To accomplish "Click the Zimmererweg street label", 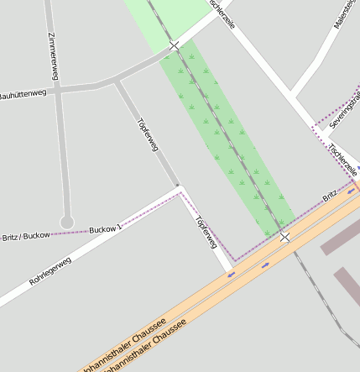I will click(x=54, y=56).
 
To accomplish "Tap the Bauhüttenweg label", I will click(x=23, y=95).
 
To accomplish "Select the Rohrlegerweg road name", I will click(x=50, y=270).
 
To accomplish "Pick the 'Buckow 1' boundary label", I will click(x=106, y=228).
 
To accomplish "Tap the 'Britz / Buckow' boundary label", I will click(x=25, y=236).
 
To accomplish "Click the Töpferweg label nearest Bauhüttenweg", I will click(x=148, y=134).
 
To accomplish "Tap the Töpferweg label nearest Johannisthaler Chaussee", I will click(x=206, y=233).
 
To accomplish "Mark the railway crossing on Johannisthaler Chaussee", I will click(x=285, y=237).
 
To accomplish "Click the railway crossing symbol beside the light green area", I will click(x=174, y=45).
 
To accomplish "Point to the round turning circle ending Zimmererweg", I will click(x=67, y=223).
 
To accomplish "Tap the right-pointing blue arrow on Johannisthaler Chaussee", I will click(x=265, y=265).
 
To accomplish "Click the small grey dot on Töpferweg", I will click(x=177, y=186).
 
